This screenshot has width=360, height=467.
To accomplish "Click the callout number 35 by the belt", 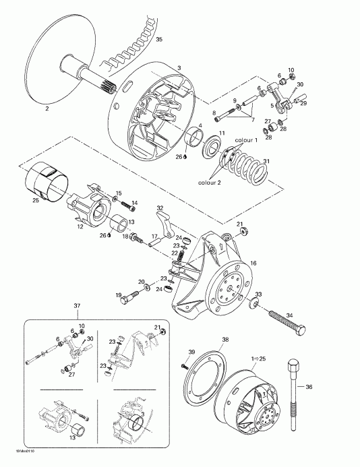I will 159,40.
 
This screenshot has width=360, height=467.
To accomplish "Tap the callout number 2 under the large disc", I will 47,108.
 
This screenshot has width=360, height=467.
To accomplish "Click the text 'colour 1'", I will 247,139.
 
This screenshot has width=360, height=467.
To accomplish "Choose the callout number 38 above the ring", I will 225,340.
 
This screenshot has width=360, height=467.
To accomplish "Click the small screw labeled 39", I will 184,366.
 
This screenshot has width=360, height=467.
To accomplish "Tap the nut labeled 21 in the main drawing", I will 243,233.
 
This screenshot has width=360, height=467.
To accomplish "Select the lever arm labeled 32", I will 165,222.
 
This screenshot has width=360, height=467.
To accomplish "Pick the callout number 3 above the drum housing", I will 179,68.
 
